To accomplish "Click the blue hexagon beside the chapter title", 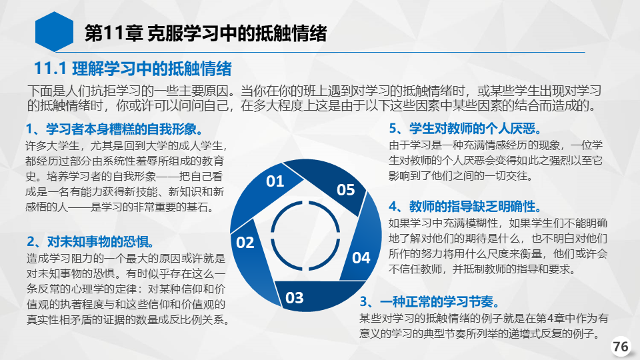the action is pos(54,32).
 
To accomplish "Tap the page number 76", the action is pos(621,347).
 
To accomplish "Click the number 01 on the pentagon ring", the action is pos(275,181).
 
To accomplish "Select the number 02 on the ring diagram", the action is pos(245,243).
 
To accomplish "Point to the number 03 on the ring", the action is pos(294,297).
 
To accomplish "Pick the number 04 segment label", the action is pos(361,258).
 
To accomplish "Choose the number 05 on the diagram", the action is pos(346,190).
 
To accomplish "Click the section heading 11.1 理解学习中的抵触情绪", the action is pos(133,69).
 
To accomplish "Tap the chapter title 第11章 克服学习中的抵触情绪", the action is pos(205,33).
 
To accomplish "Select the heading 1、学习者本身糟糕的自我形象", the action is pos(114,129).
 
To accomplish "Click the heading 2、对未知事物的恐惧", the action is pos(91,241).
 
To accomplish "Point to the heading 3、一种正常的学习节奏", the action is pos(430,301).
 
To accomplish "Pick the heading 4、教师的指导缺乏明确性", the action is pos(465,206).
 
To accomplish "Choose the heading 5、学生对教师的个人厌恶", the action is pos(465,129).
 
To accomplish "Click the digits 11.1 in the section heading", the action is pos(50,69).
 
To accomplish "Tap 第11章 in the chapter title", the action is pos(113,33).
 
